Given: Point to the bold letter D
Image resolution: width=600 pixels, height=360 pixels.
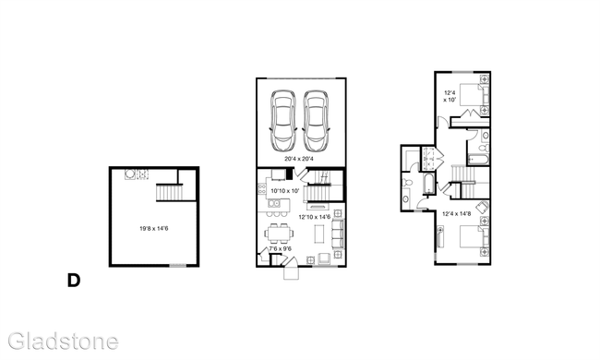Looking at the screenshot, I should [x=73, y=281].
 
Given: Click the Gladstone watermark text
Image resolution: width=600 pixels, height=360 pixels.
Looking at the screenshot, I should [x=60, y=341].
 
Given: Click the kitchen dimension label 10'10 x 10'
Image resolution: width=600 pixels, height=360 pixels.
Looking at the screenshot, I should [x=285, y=191].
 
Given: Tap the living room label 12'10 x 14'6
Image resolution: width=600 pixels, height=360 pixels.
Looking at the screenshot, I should [x=315, y=217].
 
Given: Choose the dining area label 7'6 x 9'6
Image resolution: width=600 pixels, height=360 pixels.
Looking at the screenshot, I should [x=280, y=248].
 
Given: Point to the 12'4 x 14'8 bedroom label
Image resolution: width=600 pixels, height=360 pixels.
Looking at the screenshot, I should [x=458, y=214].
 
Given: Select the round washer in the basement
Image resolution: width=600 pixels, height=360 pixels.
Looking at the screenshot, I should [x=130, y=174].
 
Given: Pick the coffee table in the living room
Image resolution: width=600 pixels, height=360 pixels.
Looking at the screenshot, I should [x=319, y=235].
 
